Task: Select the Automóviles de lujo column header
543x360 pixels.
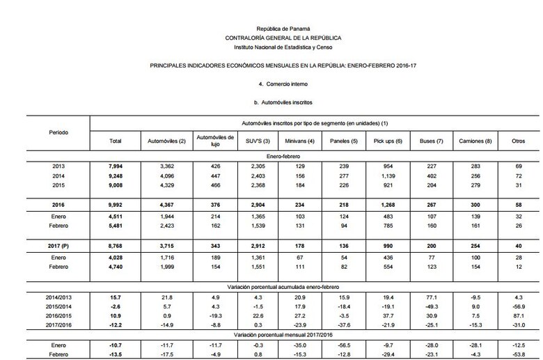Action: [209, 140]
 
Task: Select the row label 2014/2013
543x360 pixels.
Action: [59, 297]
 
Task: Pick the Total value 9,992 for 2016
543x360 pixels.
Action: [116, 205]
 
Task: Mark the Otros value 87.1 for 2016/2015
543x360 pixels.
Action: [518, 316]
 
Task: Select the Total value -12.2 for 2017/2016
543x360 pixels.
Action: [116, 326]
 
